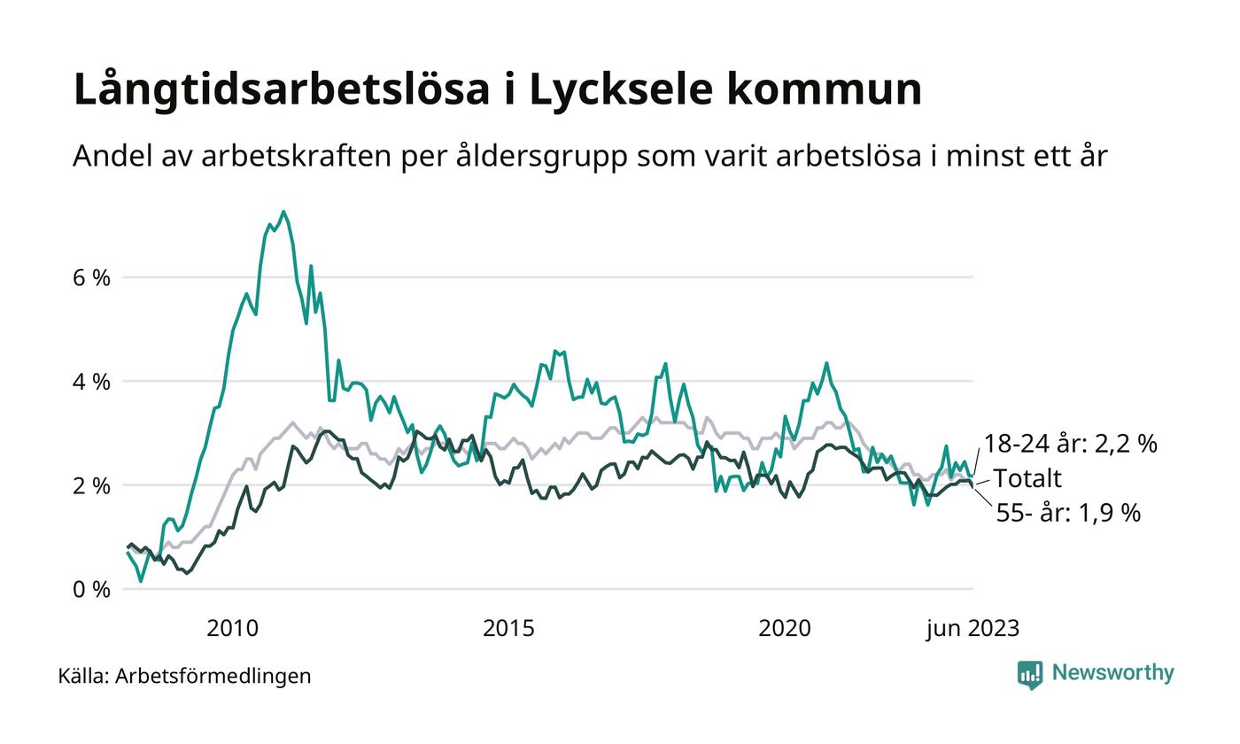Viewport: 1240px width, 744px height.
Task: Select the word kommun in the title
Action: pyautogui.click(x=828, y=90)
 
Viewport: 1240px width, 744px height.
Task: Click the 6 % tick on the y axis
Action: pyautogui.click(x=92, y=277)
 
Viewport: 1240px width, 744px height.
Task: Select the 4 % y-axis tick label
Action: pyautogui.click(x=92, y=382)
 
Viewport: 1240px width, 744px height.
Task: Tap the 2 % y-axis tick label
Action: pyautogui.click(x=92, y=485)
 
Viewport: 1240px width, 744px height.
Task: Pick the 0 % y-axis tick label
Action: pyautogui.click(x=92, y=589)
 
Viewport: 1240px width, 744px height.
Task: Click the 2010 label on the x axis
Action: pyautogui.click(x=232, y=629)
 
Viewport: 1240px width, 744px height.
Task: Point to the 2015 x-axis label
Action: pyautogui.click(x=508, y=629)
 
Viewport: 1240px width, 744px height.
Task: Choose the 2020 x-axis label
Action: pyautogui.click(x=785, y=629)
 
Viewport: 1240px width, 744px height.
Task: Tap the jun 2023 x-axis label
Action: pyautogui.click(x=973, y=629)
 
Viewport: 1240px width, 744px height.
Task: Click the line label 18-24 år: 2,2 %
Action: pyautogui.click(x=1070, y=444)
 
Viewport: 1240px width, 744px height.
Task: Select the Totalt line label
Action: pyautogui.click(x=1027, y=479)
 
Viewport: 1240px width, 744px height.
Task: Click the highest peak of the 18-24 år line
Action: pyautogui.click(x=283, y=212)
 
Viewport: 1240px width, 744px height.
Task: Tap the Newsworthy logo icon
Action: pyautogui.click(x=1030, y=675)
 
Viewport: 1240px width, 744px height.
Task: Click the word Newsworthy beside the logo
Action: pyautogui.click(x=1112, y=673)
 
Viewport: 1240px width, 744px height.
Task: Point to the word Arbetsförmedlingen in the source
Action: pyautogui.click(x=213, y=676)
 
